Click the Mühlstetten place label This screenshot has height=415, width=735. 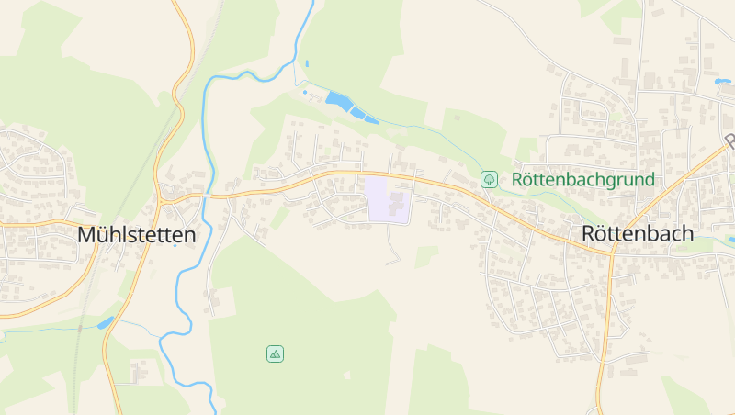click(137, 235)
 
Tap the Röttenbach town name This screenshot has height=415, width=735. click(638, 233)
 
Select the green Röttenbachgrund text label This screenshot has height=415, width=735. click(583, 179)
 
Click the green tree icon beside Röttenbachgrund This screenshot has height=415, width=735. click(490, 179)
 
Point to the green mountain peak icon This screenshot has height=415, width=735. click(274, 353)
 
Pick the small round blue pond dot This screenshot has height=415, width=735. click(305, 92)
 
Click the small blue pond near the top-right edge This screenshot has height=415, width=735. click(722, 82)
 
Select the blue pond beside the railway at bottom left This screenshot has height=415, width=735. click(105, 322)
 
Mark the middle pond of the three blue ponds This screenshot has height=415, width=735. click(356, 111)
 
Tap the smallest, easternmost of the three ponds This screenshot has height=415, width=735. click(370, 118)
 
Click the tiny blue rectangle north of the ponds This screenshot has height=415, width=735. click(306, 63)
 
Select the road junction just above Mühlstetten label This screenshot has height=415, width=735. click(164, 195)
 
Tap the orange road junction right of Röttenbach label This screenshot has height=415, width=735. click(610, 252)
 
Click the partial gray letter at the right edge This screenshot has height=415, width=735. click(730, 142)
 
